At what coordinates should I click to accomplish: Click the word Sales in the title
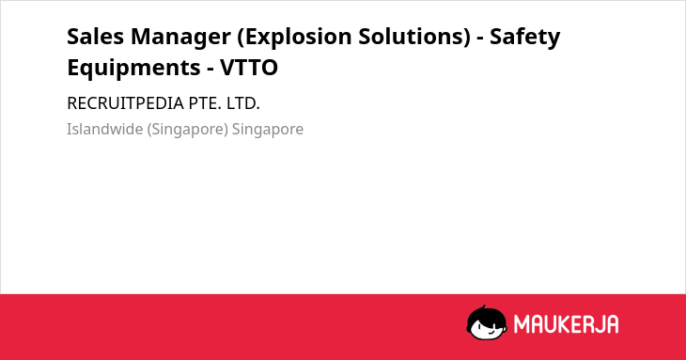pos(95,37)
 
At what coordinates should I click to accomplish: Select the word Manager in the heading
pos(180,39)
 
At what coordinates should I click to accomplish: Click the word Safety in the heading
pos(524,39)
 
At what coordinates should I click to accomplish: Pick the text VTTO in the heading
pos(249,68)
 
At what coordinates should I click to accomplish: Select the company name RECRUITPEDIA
pos(125,103)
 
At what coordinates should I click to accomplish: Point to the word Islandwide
pos(104,130)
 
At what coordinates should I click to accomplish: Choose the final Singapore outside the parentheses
pos(267,131)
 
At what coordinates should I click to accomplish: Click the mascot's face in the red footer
pos(486,326)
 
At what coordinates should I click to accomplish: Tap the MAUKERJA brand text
pos(566,324)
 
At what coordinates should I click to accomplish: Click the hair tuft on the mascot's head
pos(483,307)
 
